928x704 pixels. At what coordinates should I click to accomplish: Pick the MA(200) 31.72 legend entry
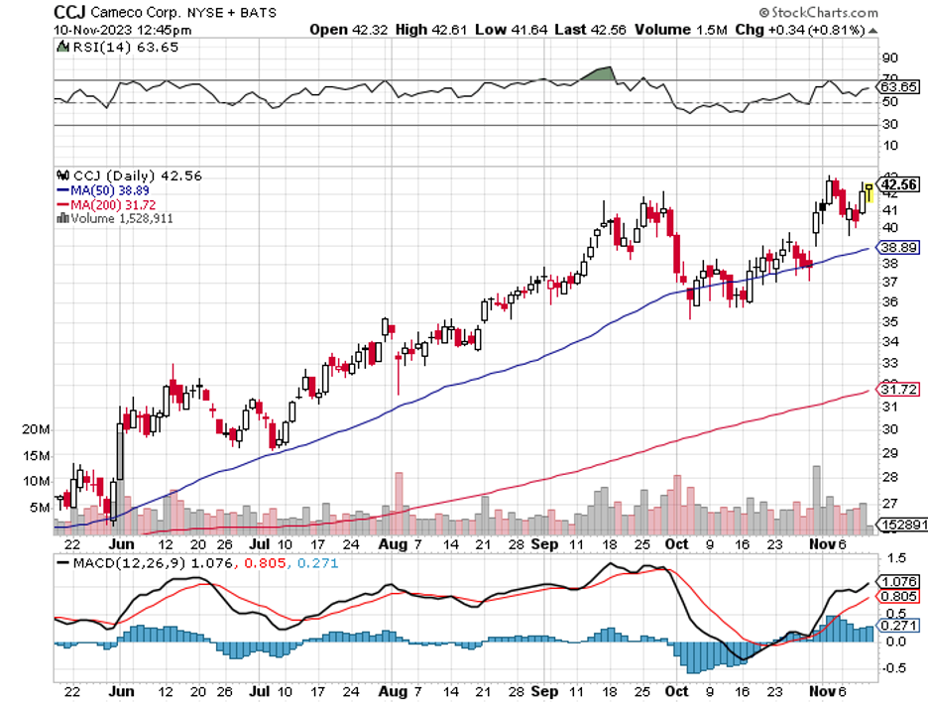point(107,204)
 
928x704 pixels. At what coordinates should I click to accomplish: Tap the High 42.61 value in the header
point(426,30)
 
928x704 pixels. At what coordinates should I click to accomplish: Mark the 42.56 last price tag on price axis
point(898,184)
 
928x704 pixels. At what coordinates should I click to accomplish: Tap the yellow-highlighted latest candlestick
point(870,192)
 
